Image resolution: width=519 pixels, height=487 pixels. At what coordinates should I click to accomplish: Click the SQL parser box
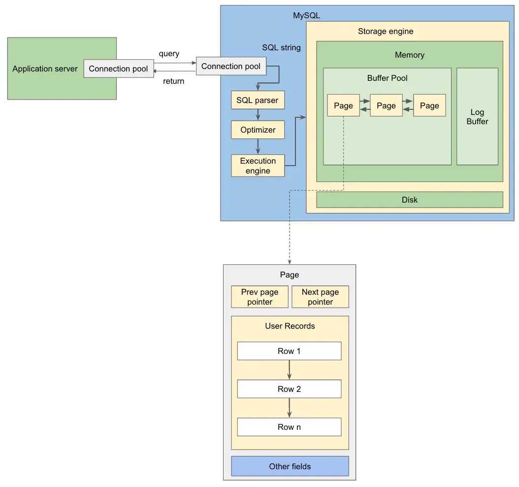[x=258, y=100]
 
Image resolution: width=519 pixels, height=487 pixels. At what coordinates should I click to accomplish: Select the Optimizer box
[x=258, y=130]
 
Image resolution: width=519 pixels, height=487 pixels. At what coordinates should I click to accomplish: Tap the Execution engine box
[x=258, y=166]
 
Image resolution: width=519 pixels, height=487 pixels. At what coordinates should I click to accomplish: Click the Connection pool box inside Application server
[x=118, y=69]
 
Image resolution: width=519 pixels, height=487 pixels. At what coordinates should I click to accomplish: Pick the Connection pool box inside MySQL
[x=230, y=66]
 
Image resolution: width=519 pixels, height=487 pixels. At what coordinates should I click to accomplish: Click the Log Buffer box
[x=477, y=116]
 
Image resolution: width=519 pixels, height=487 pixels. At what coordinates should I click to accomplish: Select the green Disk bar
[x=409, y=200]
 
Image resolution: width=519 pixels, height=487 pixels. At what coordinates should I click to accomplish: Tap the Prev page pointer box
[x=259, y=297]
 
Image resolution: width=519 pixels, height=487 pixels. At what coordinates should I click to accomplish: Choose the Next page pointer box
[x=320, y=297]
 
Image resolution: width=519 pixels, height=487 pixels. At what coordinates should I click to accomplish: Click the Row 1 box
[x=289, y=351]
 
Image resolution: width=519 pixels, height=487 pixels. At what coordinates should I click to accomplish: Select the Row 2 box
[x=289, y=389]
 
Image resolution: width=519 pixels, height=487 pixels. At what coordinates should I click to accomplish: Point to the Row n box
[x=289, y=427]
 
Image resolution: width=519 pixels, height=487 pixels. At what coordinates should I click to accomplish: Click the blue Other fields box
[x=290, y=466]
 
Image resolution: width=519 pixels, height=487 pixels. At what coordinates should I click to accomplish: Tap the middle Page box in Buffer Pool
[x=386, y=105]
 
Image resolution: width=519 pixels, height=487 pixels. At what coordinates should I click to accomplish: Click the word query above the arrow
[x=169, y=53]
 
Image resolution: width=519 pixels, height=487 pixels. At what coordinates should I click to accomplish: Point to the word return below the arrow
[x=173, y=81]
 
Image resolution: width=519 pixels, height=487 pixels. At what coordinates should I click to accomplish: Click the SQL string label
[x=281, y=48]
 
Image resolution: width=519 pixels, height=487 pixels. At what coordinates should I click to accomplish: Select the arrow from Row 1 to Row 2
[x=289, y=370]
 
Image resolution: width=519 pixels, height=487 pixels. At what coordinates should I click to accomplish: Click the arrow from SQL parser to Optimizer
[x=258, y=115]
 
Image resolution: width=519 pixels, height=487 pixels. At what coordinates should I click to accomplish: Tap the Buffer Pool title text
[x=387, y=78]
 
